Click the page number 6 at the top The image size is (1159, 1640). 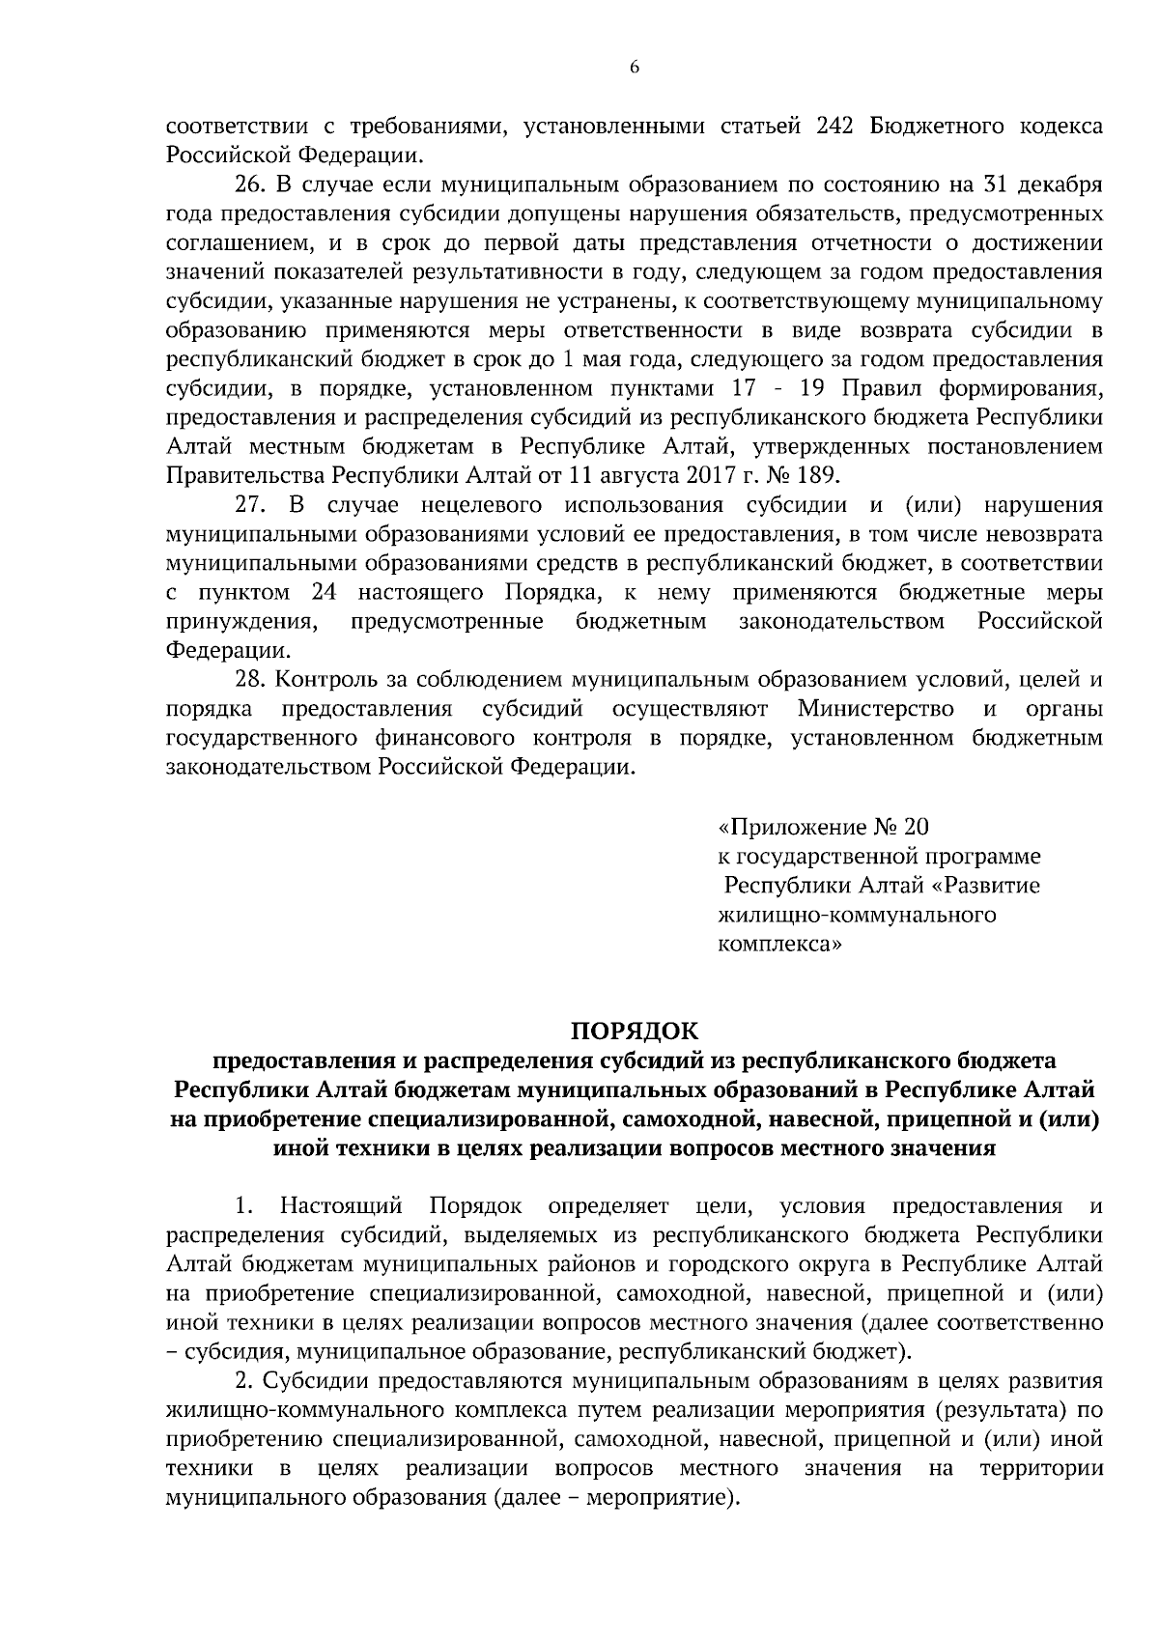[635, 67]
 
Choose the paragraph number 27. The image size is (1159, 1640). [249, 505]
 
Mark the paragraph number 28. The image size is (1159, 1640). [249, 680]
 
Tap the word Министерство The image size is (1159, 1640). [876, 710]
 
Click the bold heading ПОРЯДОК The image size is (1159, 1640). [635, 1030]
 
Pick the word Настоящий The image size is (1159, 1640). [341, 1206]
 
